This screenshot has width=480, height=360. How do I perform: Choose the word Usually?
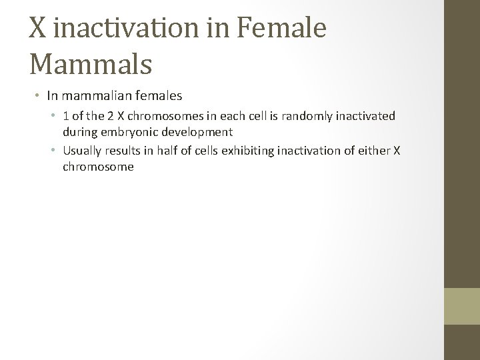(84, 151)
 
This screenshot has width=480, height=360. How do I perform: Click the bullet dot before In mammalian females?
(39, 97)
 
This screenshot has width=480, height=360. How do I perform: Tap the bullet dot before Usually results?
(55, 151)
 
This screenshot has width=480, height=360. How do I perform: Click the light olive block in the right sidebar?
(462, 306)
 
